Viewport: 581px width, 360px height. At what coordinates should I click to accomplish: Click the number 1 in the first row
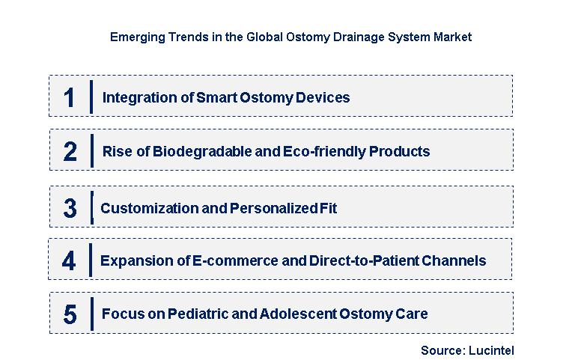(70, 97)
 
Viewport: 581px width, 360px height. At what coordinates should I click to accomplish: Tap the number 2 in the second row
(70, 152)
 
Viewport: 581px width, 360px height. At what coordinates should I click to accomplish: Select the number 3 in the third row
(70, 208)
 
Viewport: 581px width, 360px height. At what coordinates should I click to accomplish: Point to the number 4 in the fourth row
(69, 261)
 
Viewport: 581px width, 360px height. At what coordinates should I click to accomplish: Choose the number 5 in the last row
(70, 314)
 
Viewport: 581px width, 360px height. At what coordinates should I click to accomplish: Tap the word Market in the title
(453, 36)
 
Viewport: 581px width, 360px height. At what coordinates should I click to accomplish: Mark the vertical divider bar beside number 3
(91, 207)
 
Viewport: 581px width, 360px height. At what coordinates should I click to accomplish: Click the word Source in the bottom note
(442, 350)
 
